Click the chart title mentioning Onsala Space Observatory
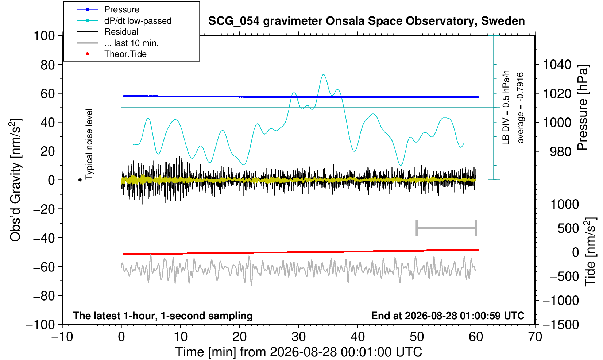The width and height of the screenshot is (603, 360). (366, 21)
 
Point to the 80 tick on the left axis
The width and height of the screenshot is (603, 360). (48, 65)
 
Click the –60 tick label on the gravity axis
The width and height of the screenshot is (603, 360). (44, 267)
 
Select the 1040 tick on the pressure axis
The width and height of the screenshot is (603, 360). (557, 65)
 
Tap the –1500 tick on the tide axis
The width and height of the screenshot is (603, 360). (561, 325)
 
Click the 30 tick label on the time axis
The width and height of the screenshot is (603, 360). (299, 337)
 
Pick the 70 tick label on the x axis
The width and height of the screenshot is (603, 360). (535, 337)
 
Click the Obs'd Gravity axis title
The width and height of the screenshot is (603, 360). (15, 180)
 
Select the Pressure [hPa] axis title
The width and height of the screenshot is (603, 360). (583, 108)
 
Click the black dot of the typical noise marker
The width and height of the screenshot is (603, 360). (80, 180)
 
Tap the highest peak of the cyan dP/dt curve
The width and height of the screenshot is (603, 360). (323, 74)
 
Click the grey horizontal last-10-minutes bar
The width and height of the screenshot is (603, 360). (447, 228)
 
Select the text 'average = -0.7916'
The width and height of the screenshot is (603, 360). (520, 108)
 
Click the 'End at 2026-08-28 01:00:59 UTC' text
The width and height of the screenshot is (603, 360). (448, 316)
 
